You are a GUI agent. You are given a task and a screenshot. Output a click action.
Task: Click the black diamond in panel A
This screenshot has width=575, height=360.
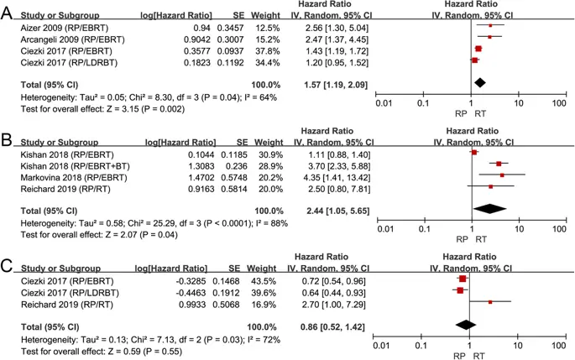[x=479, y=82]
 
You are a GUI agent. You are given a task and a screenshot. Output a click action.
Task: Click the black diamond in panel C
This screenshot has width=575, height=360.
[x=461, y=322]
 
